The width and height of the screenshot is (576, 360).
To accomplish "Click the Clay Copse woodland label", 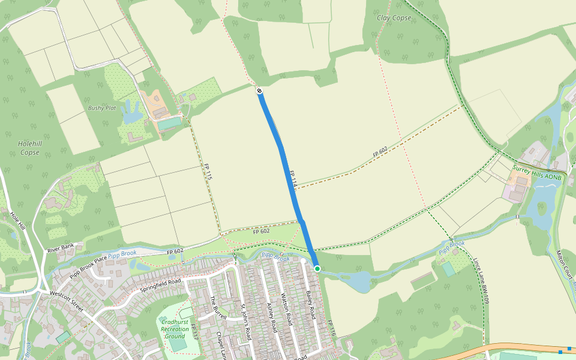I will [394, 18].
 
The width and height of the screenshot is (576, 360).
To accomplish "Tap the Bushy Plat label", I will [102, 108].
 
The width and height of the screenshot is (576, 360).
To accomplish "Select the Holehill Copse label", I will [29, 148].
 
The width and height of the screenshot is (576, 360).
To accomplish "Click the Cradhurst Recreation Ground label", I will [175, 328].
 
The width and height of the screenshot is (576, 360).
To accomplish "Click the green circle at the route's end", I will [317, 269].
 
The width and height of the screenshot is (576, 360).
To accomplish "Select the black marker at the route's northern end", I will [259, 91].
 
